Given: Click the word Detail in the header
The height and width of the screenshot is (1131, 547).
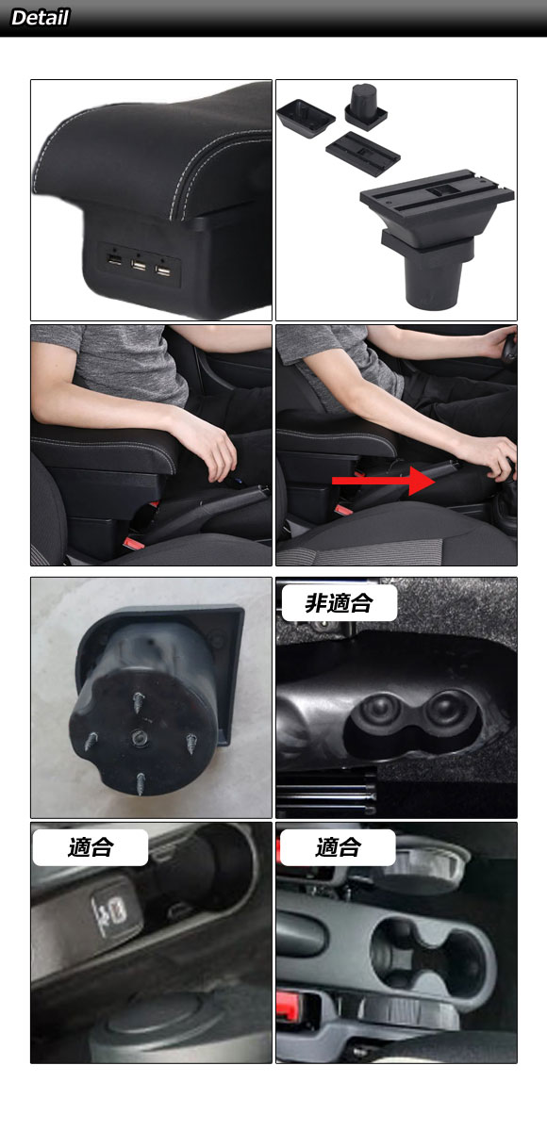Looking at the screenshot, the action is point(40,18).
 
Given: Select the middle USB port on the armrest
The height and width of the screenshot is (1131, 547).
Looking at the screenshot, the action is point(139,265).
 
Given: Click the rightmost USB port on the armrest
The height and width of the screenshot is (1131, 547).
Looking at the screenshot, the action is point(162,271).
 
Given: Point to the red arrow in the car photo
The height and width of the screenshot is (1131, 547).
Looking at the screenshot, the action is point(383,481).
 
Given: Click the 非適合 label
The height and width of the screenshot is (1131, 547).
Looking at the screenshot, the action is point(339,603).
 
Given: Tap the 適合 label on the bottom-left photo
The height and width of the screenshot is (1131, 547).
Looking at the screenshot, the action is point(91,846).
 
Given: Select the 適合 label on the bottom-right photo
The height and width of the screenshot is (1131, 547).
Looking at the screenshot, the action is point(338,846).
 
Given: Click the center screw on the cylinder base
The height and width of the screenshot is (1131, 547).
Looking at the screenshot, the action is point(139,739).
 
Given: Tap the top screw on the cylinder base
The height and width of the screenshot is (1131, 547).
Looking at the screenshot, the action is point(138,701).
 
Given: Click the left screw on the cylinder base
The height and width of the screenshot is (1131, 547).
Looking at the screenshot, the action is point(91,741).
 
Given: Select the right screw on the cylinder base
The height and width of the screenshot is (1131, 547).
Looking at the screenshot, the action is point(192,744).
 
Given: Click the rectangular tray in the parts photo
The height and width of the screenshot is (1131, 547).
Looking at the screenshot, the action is point(306,118).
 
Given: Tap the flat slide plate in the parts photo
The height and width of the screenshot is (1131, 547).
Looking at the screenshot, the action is point(363,154).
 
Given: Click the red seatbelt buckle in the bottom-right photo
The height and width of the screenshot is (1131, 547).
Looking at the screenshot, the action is point(288,1005).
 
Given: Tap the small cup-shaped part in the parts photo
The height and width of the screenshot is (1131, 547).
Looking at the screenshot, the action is point(366,105).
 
